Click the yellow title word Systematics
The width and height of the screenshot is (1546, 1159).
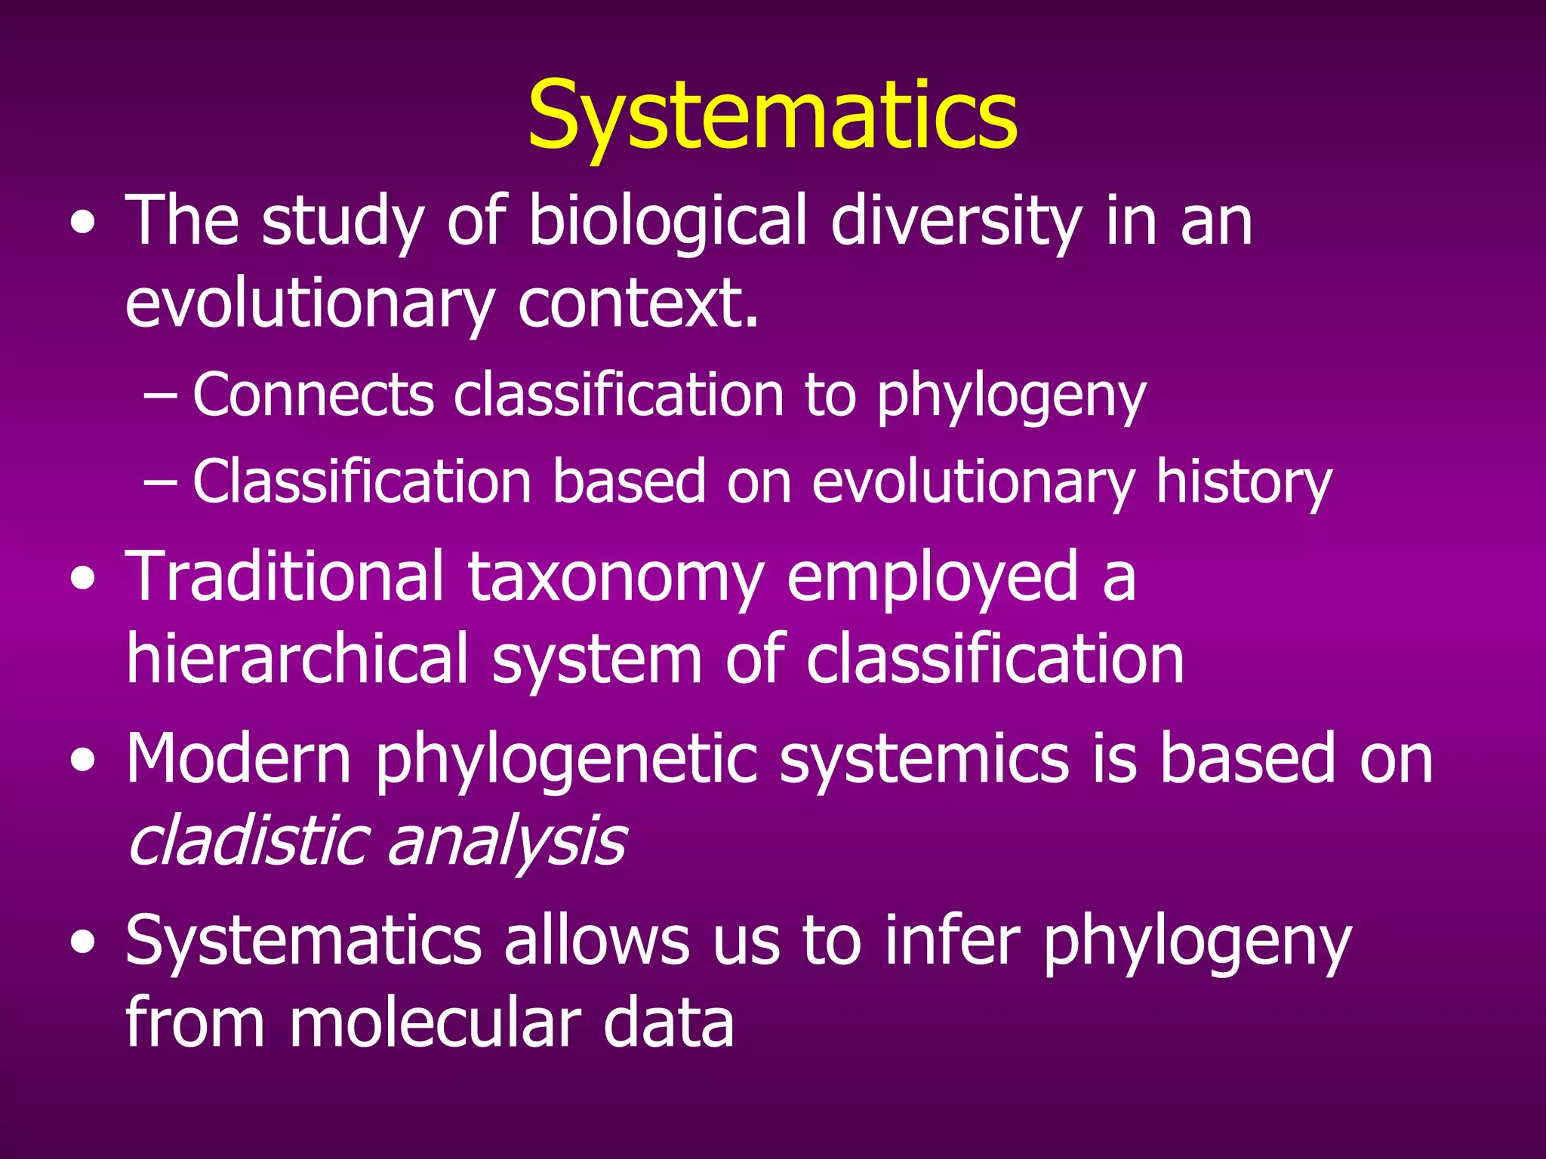772,117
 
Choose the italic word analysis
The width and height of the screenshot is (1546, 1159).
507,842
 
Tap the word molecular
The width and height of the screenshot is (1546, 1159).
435,1023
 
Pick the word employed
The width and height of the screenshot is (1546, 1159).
932,578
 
